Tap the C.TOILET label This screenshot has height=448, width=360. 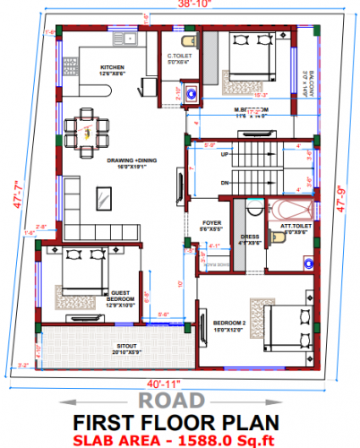click(178, 59)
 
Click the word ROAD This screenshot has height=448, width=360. click(179, 401)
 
